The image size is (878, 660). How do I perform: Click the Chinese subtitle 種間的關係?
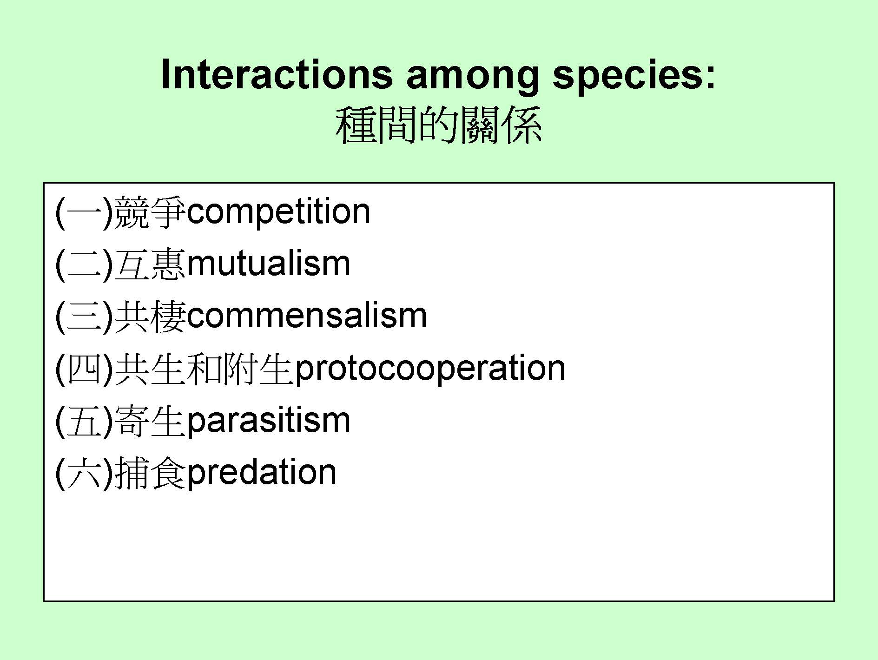[439, 125]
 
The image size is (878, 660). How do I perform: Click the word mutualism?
[268, 264]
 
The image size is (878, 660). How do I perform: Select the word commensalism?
[307, 316]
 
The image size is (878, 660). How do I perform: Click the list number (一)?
[84, 213]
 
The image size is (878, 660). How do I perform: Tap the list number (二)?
[84, 265]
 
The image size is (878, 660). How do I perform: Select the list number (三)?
[84, 317]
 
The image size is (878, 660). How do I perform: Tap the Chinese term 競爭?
[150, 213]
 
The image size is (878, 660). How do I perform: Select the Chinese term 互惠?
[150, 265]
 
